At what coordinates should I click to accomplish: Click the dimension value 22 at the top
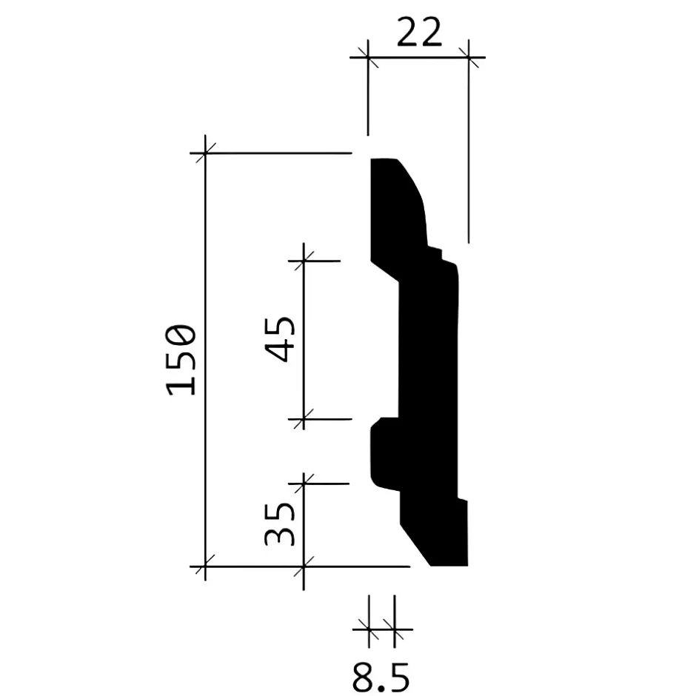point(418,33)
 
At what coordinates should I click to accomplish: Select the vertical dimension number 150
point(182,360)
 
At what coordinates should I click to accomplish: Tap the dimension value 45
point(281,339)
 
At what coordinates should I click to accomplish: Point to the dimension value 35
point(281,524)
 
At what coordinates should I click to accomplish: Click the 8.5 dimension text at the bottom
point(380,676)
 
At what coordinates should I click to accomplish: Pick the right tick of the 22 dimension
point(468,57)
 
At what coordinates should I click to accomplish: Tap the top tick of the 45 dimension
point(304,261)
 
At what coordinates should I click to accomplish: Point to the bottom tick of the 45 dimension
point(304,419)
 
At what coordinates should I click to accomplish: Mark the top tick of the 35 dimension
point(304,483)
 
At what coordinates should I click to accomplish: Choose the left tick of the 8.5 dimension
point(369,630)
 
